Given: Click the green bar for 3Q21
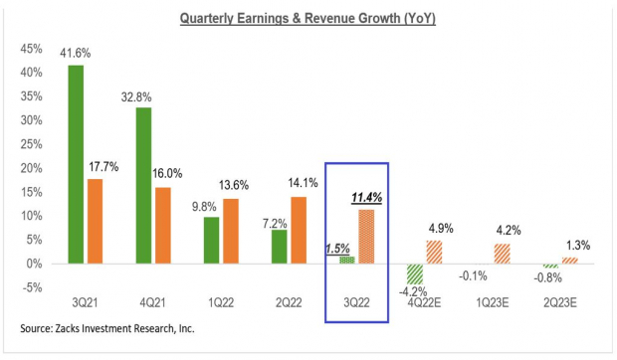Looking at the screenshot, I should (x=76, y=164).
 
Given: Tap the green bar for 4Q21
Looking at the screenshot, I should (x=143, y=185).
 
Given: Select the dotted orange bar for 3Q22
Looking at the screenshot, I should (x=366, y=237).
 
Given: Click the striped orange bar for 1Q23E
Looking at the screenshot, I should (x=503, y=254).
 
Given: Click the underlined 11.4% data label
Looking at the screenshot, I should (x=366, y=199).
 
